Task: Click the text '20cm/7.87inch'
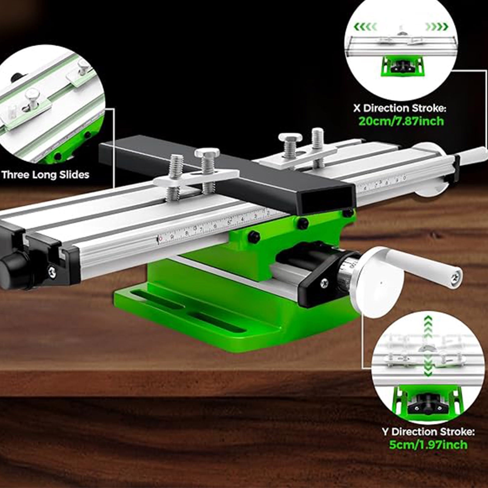(401, 121)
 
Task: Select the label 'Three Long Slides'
(45, 175)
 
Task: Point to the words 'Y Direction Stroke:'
(428, 432)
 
